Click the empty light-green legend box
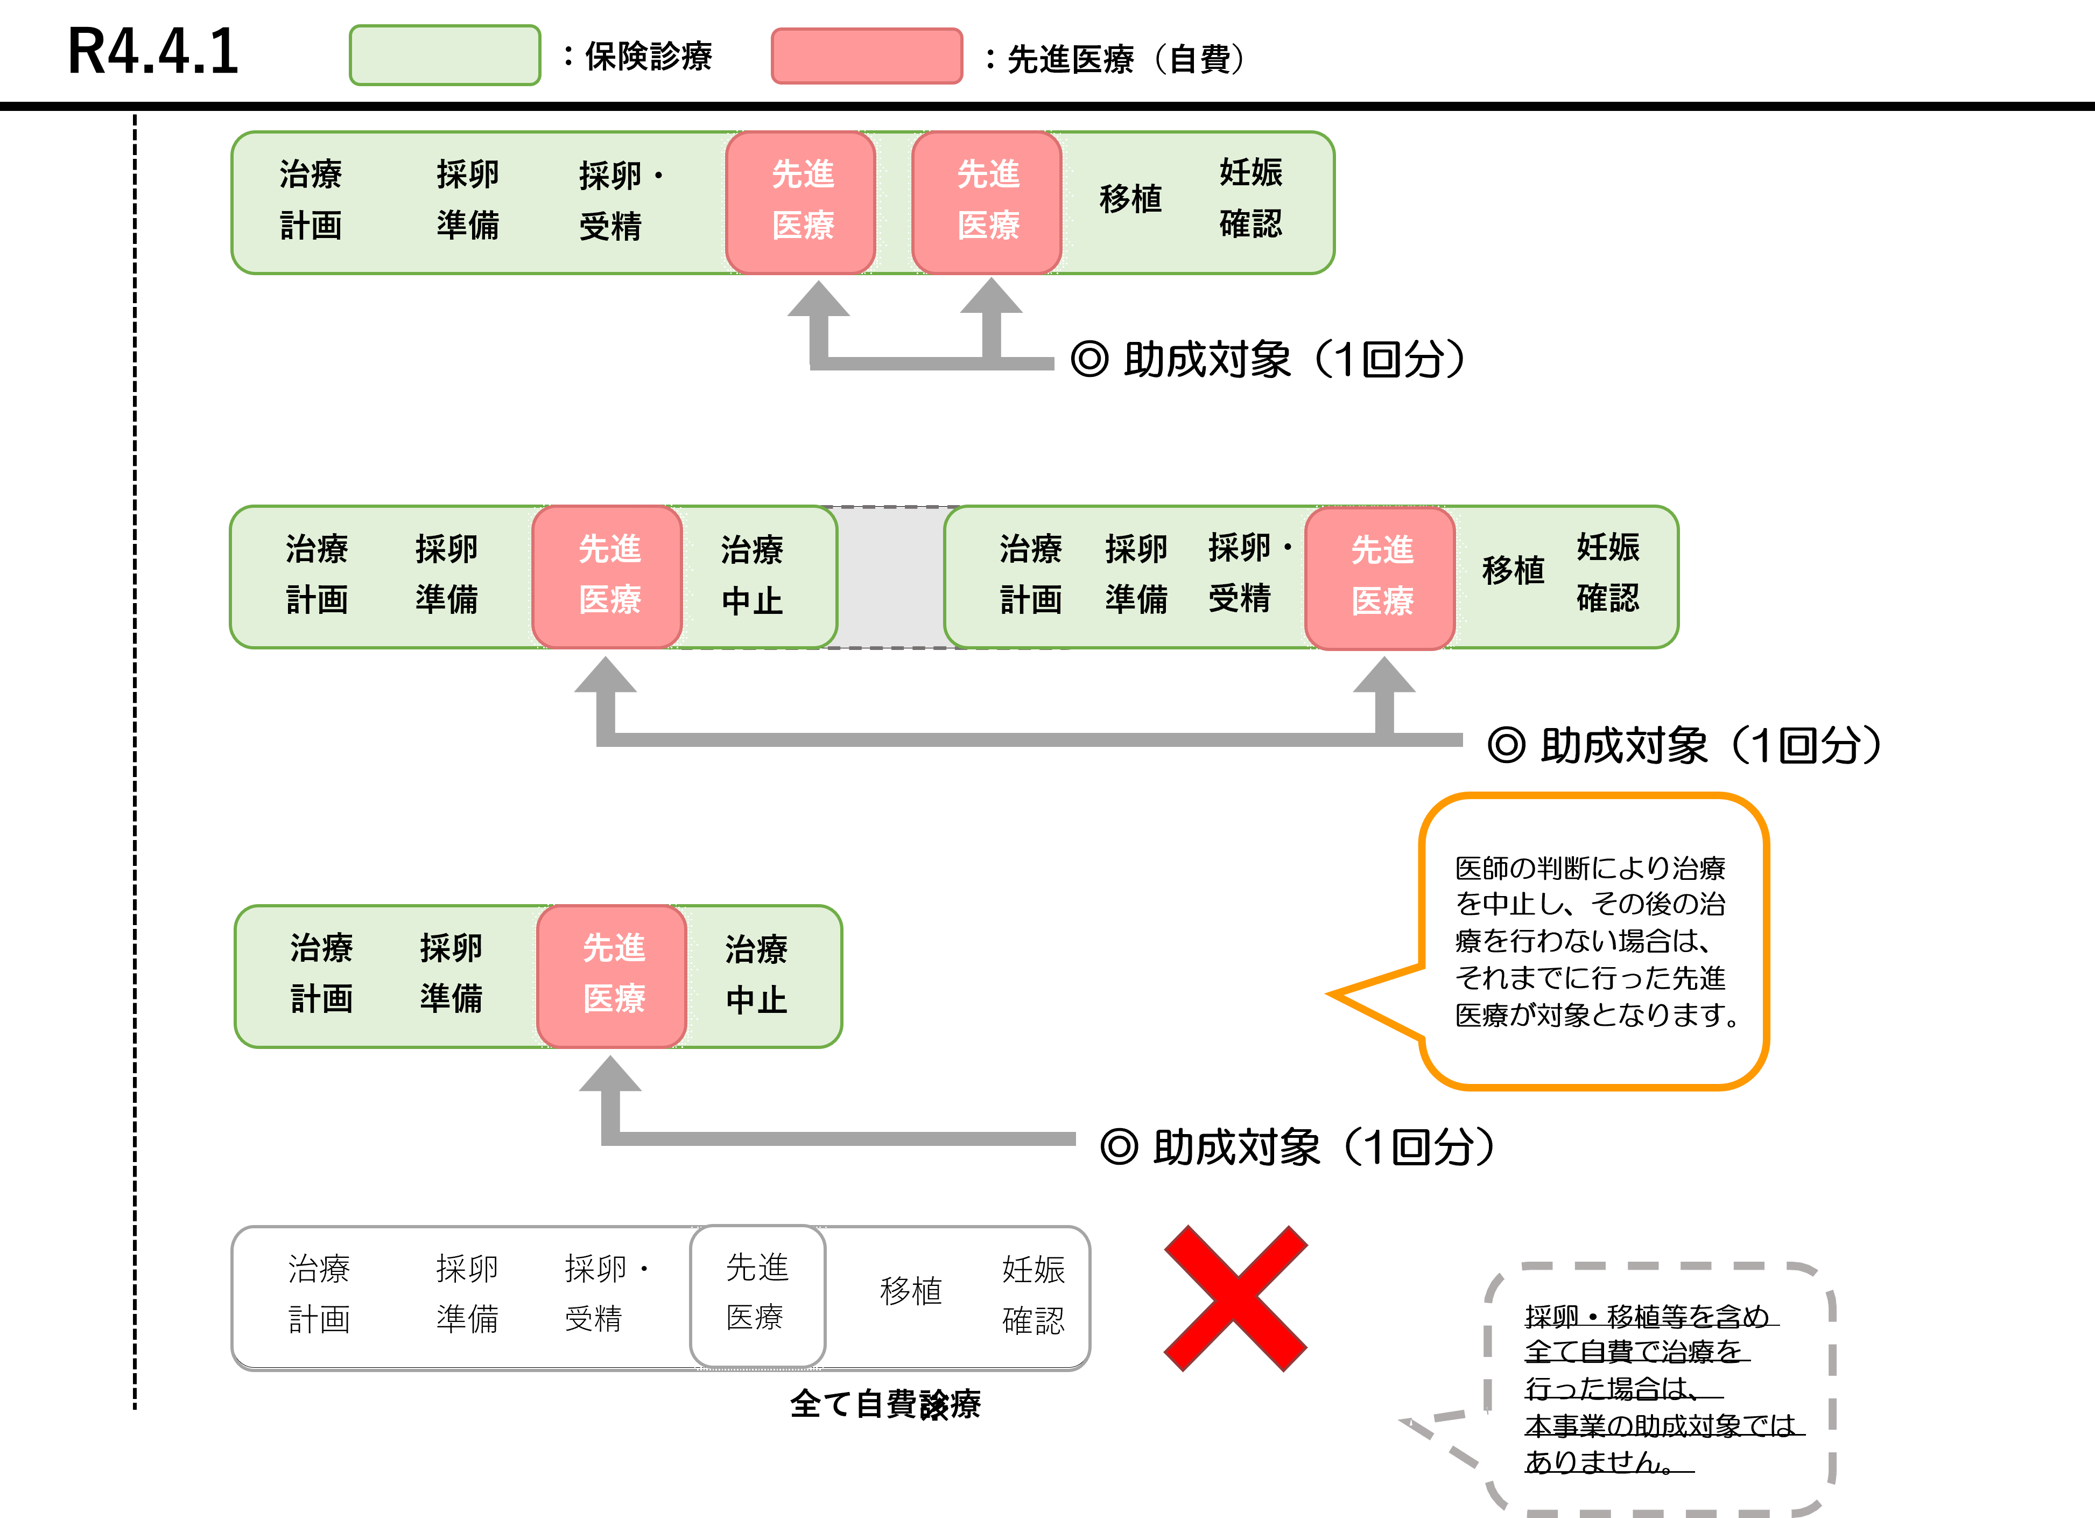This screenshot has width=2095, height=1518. (x=444, y=55)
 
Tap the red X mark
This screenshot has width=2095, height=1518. (x=1235, y=1298)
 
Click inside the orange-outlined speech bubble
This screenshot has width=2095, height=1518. (x=1593, y=941)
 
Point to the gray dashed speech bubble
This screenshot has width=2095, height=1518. (x=1658, y=1386)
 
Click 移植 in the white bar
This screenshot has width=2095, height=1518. (x=911, y=1292)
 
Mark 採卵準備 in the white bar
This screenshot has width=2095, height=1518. (x=467, y=1293)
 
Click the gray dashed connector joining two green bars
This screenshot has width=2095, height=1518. (x=890, y=577)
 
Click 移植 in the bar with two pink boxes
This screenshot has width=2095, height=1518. (x=1130, y=199)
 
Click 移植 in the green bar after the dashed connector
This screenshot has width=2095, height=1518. (x=1512, y=571)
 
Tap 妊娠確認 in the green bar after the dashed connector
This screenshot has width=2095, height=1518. (x=1607, y=573)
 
